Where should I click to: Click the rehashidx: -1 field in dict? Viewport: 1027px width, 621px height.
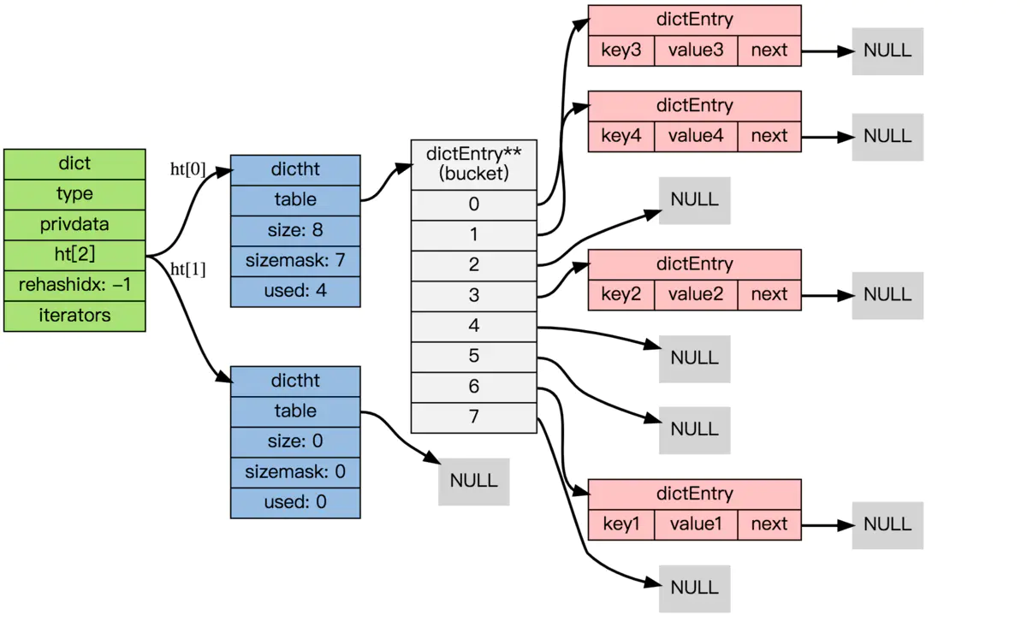coord(74,285)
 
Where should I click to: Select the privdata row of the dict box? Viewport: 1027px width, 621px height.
coord(74,225)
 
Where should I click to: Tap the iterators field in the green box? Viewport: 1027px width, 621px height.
coord(74,316)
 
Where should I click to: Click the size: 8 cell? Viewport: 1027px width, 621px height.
coord(295,230)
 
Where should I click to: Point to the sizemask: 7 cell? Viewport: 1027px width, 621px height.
coord(295,260)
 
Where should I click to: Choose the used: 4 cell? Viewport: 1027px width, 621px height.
coord(295,291)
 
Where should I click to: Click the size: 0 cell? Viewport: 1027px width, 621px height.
coord(295,441)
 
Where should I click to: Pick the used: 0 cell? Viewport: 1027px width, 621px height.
coord(295,502)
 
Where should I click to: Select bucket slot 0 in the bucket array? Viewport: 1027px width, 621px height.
coord(473,204)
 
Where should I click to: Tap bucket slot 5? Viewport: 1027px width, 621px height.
coord(473,357)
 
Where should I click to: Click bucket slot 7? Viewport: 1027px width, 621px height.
coord(473,417)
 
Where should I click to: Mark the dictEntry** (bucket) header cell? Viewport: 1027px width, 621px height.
coord(473,164)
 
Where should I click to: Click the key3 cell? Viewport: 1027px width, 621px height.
coord(621,50)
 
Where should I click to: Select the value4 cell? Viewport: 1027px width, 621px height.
coord(696,136)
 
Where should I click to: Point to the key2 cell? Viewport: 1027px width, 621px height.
coord(621,294)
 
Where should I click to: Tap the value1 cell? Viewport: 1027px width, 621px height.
coord(696,523)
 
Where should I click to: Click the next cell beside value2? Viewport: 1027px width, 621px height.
coord(769,294)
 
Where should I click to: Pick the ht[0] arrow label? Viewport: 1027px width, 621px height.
coord(188,169)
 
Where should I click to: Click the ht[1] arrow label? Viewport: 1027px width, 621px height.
coord(188,269)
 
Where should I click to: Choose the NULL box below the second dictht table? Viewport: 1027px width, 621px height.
coord(473,481)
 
